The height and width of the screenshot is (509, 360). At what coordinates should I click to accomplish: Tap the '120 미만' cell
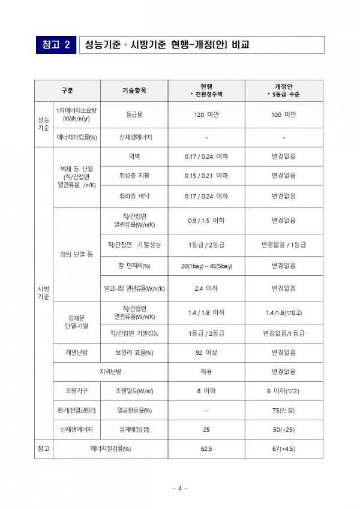[206, 114]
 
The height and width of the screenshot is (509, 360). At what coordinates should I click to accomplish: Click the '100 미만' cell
[283, 114]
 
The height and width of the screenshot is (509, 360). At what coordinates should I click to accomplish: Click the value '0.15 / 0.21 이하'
[206, 176]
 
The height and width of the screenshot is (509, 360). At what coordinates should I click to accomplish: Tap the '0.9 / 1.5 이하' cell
[206, 221]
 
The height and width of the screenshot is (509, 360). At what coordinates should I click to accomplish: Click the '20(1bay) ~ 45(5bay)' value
[206, 265]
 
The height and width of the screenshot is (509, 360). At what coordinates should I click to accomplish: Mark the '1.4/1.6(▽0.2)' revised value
[283, 312]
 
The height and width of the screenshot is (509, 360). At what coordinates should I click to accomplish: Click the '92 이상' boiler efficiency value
[206, 353]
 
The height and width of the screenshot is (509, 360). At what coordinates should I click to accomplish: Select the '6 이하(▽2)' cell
[283, 391]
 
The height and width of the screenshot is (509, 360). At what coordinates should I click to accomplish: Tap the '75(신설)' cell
[283, 410]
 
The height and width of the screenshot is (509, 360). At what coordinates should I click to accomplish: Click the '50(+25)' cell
[283, 429]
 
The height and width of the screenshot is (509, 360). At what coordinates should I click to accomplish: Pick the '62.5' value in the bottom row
[206, 448]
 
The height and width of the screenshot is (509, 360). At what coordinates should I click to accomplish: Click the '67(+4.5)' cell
[283, 448]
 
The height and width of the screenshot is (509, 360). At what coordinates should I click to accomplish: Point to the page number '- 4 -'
[180, 488]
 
